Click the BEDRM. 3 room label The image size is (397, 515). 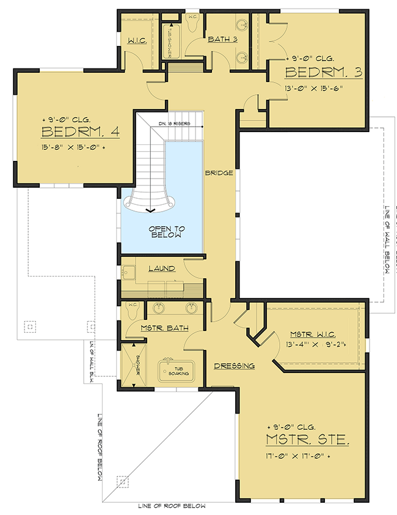coord(324,73)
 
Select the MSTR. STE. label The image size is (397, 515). coord(307,440)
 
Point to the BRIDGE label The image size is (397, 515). coord(219,173)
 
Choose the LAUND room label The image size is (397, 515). coord(162,268)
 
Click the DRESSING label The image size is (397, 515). coord(234,366)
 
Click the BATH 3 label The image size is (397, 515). coord(222,40)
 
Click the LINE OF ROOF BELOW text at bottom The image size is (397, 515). coord(171,506)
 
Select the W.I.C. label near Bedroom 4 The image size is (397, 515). coord(136,40)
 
